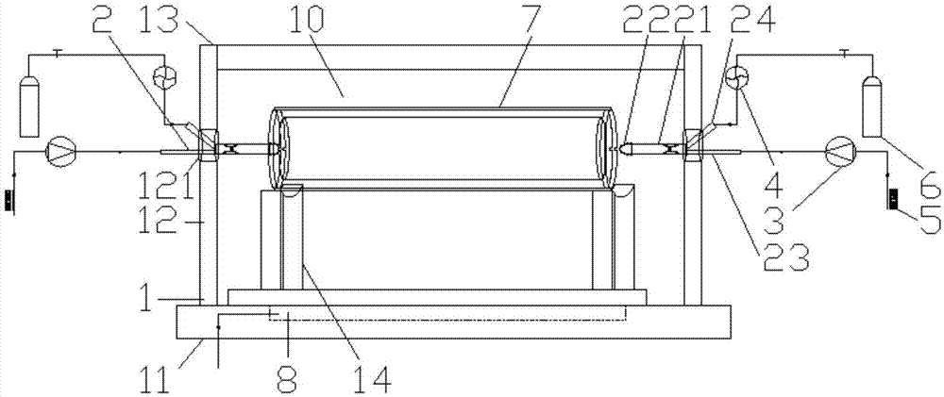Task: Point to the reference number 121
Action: coord(161,185)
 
